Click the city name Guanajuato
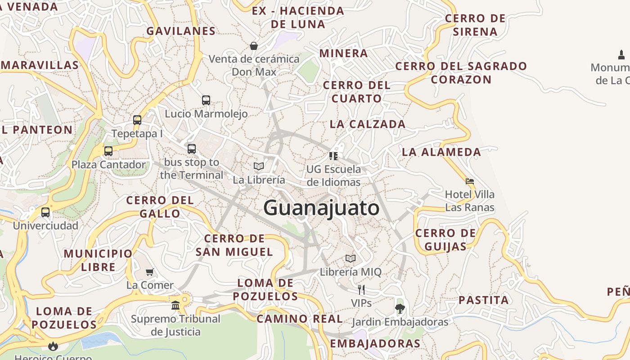[321, 208]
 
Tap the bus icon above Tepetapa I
[137, 120]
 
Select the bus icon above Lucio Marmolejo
[206, 100]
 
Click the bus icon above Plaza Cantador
[108, 151]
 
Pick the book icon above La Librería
[259, 166]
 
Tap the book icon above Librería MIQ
[351, 258]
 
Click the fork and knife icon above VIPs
[361, 289]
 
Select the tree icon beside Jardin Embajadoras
[400, 309]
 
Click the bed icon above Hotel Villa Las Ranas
[470, 181]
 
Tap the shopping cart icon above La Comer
[150, 272]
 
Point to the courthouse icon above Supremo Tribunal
[175, 306]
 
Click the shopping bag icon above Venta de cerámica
[254, 46]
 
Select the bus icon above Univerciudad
[45, 212]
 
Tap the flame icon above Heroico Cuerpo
[53, 346]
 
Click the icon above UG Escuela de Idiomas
[333, 156]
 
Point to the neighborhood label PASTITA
[484, 300]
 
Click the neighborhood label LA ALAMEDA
[441, 152]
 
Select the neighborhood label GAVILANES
[181, 31]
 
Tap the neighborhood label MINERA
[344, 53]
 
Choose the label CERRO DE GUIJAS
[445, 240]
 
